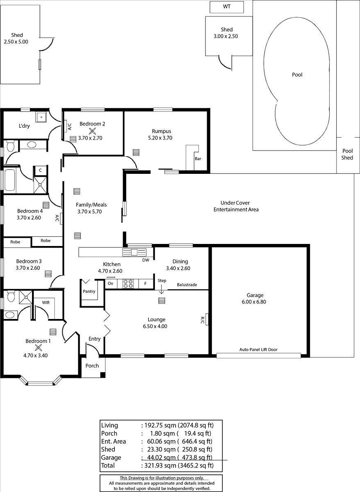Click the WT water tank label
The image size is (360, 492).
click(x=227, y=7)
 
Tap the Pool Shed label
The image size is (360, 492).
click(x=347, y=154)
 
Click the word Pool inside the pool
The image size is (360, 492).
click(x=297, y=75)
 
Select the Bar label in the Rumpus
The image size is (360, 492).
click(x=198, y=159)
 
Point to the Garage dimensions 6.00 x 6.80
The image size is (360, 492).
click(x=254, y=302)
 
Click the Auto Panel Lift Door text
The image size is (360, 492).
click(x=258, y=349)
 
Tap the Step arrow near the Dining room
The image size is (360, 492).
click(x=162, y=289)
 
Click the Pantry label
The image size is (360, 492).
click(x=89, y=292)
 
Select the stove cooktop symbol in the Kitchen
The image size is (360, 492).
click(x=128, y=284)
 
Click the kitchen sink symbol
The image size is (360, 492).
click(x=134, y=252)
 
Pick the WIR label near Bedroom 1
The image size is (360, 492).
click(x=46, y=303)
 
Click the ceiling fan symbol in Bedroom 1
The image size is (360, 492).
click(x=38, y=348)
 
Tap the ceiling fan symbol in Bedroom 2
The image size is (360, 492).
click(x=92, y=131)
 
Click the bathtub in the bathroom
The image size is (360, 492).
click(x=10, y=180)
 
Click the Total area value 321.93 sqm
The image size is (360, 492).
click(x=160, y=465)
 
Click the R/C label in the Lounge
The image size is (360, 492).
click(x=202, y=320)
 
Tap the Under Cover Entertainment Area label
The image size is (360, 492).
click(x=236, y=206)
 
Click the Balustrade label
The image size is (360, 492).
click(x=187, y=285)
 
